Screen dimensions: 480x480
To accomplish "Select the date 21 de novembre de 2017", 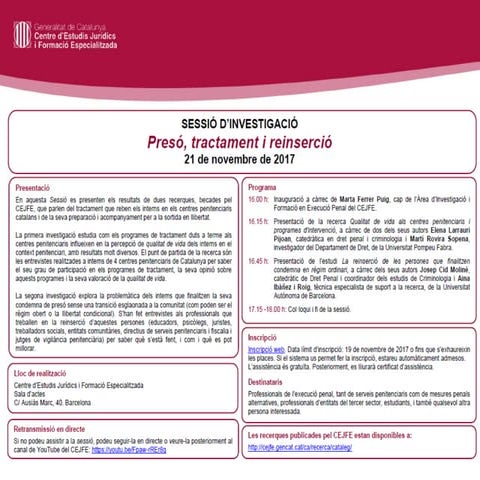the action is tap(239, 159).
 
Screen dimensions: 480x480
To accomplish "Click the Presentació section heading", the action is tap(36, 186).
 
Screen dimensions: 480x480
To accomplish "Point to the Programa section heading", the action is tap(262, 186).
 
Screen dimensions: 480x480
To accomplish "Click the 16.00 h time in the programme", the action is tap(258, 199).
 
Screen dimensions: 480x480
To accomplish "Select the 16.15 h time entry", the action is tap(258, 220).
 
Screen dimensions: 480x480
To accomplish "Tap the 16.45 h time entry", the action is tap(258, 260).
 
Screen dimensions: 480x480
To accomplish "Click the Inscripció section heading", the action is tap(263, 340).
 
